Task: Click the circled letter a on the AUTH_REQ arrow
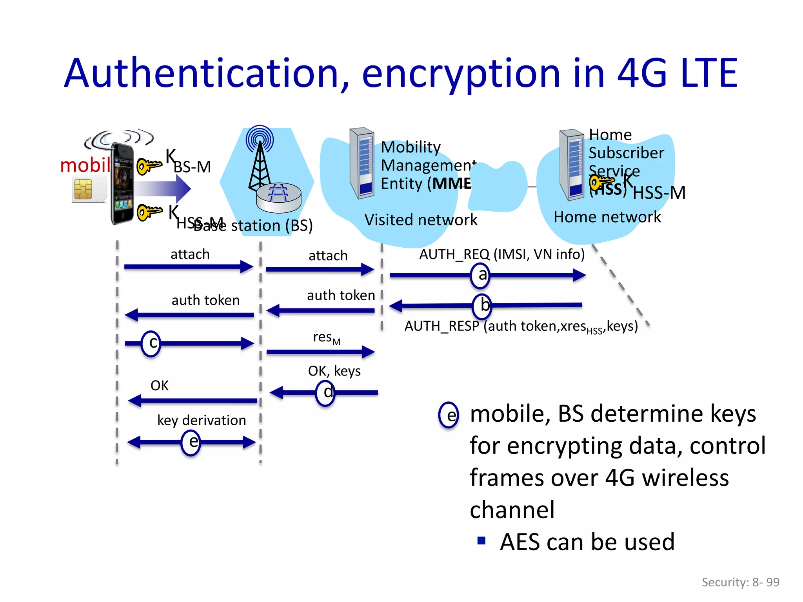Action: point(480,276)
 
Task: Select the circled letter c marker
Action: point(151,343)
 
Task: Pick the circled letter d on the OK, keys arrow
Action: point(325,393)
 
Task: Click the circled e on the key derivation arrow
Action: point(191,442)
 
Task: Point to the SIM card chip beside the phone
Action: point(83,189)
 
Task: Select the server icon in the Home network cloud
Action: point(572,165)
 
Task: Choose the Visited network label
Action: point(421,220)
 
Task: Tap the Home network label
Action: point(607,217)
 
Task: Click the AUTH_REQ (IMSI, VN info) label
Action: point(501,254)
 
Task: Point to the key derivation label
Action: point(202,420)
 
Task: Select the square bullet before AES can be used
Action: point(481,541)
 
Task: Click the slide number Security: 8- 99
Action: point(740,582)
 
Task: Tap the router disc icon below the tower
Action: point(278,197)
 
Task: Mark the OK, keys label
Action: point(334,371)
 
